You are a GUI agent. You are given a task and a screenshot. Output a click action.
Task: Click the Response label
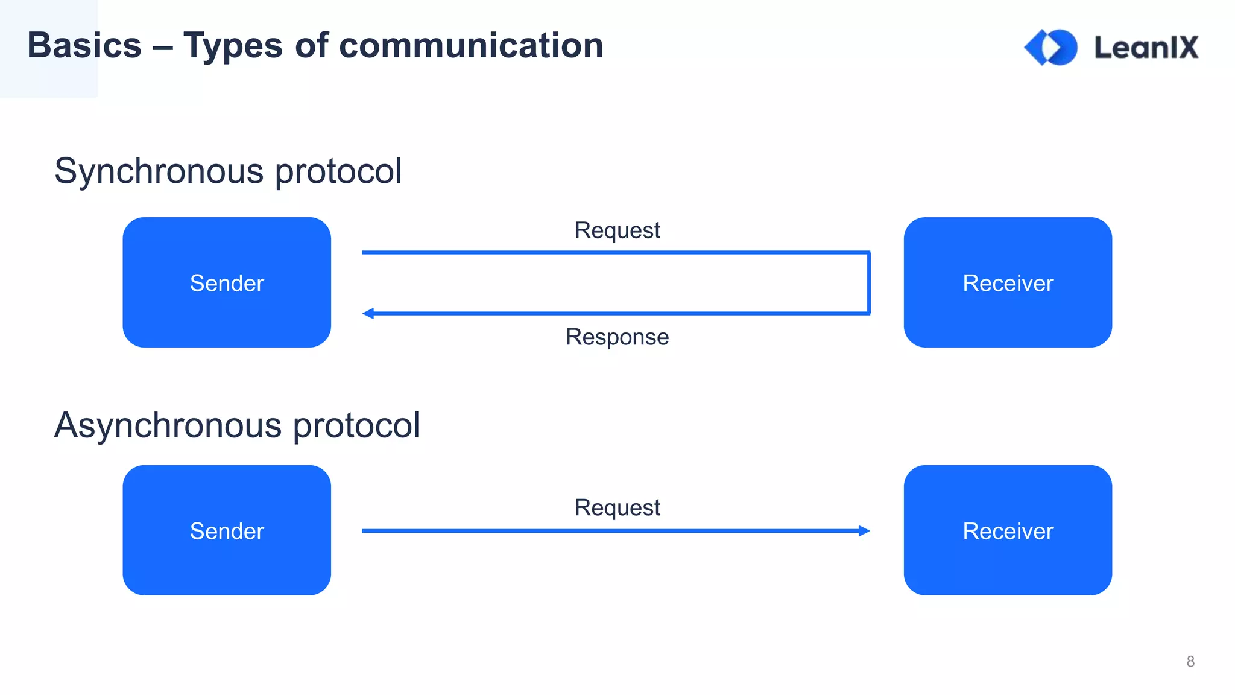617,337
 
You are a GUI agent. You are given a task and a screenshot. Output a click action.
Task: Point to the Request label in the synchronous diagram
617,230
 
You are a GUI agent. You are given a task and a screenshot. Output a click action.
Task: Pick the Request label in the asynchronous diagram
617,507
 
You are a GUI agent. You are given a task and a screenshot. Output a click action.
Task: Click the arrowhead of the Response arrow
368,313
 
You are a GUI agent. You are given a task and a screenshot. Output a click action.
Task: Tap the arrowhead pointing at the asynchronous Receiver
864,531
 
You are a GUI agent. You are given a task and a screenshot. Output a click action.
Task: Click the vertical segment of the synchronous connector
869,282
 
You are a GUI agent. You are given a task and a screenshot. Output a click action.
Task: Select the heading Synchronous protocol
228,171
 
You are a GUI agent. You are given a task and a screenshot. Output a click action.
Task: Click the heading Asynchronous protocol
237,425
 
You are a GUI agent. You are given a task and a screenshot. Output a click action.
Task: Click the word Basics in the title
84,45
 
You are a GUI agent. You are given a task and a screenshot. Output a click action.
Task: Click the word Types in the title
233,45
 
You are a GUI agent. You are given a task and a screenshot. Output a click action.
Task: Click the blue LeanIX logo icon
1051,47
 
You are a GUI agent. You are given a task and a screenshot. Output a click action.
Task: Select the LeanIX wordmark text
1146,47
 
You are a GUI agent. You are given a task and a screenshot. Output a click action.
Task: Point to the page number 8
1190,662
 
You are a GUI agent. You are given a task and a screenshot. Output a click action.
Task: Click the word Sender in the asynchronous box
227,531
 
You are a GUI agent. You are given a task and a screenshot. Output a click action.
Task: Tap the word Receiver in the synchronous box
1008,283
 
